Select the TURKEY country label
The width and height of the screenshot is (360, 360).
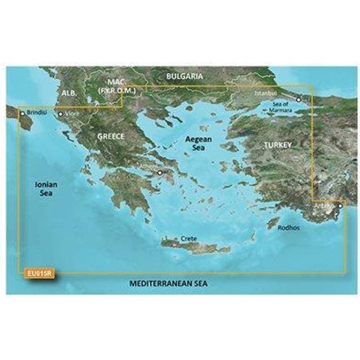pos(278,145)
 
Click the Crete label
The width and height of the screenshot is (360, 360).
pos(188,238)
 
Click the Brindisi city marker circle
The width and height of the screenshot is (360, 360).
pos(22,113)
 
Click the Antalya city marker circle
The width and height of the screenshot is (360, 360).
pos(341,206)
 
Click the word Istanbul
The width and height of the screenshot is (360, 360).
pos(266,92)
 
